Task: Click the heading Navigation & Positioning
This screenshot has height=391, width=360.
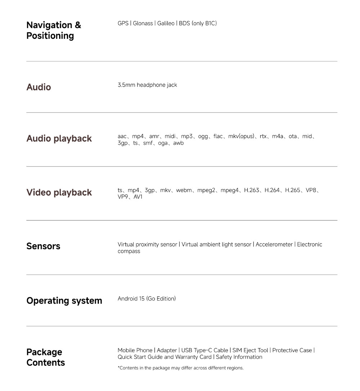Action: click(x=54, y=30)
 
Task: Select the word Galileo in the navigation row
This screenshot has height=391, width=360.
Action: click(x=166, y=23)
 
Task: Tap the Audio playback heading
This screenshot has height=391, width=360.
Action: click(x=59, y=138)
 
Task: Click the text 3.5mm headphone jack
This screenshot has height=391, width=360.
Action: click(x=147, y=85)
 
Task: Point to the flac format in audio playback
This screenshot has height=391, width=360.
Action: click(x=218, y=136)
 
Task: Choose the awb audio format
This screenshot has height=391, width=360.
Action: click(x=178, y=143)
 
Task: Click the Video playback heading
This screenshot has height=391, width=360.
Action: click(x=59, y=192)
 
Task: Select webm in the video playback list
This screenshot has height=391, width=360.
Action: click(x=184, y=190)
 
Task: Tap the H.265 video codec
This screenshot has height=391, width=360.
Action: click(x=292, y=190)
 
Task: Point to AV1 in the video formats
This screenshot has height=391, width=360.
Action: click(x=138, y=197)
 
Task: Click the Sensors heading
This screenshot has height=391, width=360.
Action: click(x=43, y=246)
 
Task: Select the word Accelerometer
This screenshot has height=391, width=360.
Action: click(x=274, y=245)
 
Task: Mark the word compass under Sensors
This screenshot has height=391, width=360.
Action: click(x=129, y=251)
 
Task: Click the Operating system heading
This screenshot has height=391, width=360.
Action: click(x=64, y=301)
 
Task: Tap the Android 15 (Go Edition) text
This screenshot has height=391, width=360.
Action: click(x=147, y=299)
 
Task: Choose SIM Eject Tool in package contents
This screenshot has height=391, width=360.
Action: click(x=250, y=350)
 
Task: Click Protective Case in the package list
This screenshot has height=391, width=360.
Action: click(x=292, y=350)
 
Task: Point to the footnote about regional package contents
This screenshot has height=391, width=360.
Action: click(x=181, y=368)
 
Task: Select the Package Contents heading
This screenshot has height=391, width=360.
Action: click(x=46, y=357)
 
